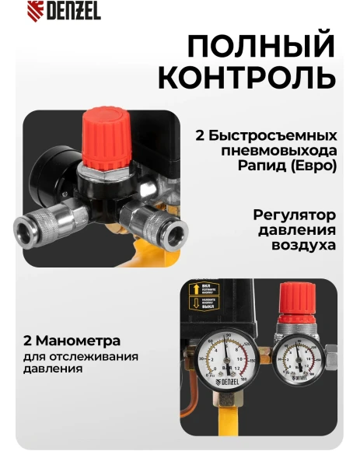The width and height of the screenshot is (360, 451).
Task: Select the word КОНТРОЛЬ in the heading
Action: click(247, 78)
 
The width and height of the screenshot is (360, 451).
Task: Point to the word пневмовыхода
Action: click(287, 150)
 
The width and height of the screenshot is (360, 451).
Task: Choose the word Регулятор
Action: click(295, 214)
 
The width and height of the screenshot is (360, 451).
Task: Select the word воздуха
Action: click(309, 245)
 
